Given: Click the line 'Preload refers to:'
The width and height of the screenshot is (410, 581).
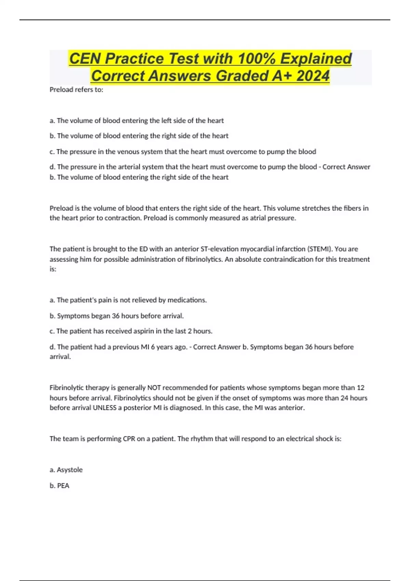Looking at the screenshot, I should pos(76,90).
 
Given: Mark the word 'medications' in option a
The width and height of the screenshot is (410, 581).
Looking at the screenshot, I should pos(188,300).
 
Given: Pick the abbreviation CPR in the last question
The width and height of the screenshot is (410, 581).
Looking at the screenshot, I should pos(129,439).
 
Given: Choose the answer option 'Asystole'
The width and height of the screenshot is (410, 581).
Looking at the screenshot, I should pos(69,470).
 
